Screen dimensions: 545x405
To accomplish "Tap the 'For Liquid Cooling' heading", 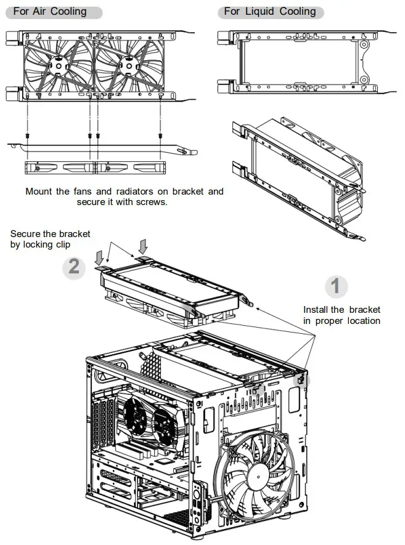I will [269, 12].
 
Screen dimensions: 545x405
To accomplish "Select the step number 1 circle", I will [336, 286].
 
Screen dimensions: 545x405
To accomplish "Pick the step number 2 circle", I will [74, 267].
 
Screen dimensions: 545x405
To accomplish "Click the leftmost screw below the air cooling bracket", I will [28, 135].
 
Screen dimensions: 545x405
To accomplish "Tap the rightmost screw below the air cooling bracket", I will [160, 135].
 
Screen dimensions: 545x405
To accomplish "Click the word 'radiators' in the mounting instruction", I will [140, 192].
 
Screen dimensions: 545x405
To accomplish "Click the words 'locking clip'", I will [56, 244].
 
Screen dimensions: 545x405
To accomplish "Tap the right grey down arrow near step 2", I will [144, 246].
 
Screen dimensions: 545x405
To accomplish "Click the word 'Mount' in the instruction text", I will [39, 192].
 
